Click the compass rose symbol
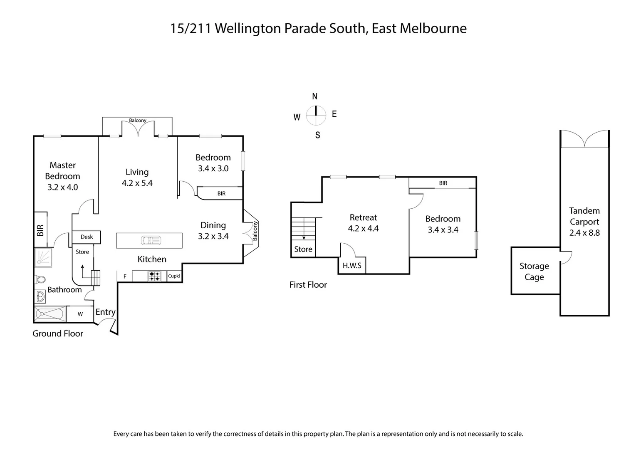click(316, 116)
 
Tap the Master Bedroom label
click(62, 171)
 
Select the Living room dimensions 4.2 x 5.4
click(137, 183)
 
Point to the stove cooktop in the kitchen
click(155, 276)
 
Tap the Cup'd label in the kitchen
click(174, 276)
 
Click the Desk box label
click(87, 237)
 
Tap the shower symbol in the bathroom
click(43, 257)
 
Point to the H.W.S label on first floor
click(352, 265)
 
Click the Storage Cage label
click(534, 271)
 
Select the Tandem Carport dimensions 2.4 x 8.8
click(584, 233)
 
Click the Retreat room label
click(363, 217)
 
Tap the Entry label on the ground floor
click(105, 312)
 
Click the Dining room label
click(213, 225)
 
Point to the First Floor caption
click(308, 285)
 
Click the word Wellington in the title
click(248, 29)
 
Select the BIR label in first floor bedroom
click(443, 183)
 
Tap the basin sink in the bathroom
click(40, 297)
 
